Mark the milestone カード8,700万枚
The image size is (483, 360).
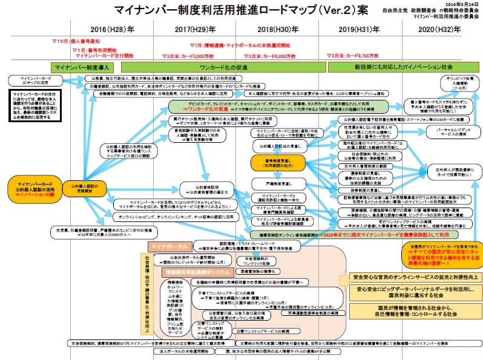pos(349,55)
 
